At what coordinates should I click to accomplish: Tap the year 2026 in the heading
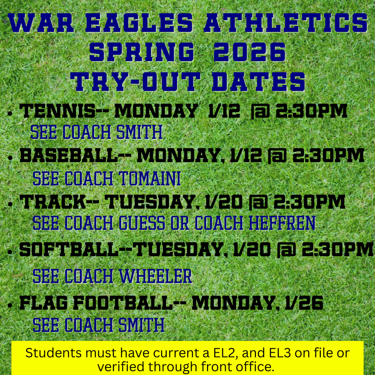[249, 53]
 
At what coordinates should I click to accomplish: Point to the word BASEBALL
[68, 156]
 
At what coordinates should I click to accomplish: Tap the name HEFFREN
[282, 223]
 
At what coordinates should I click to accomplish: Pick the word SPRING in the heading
[141, 53]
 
